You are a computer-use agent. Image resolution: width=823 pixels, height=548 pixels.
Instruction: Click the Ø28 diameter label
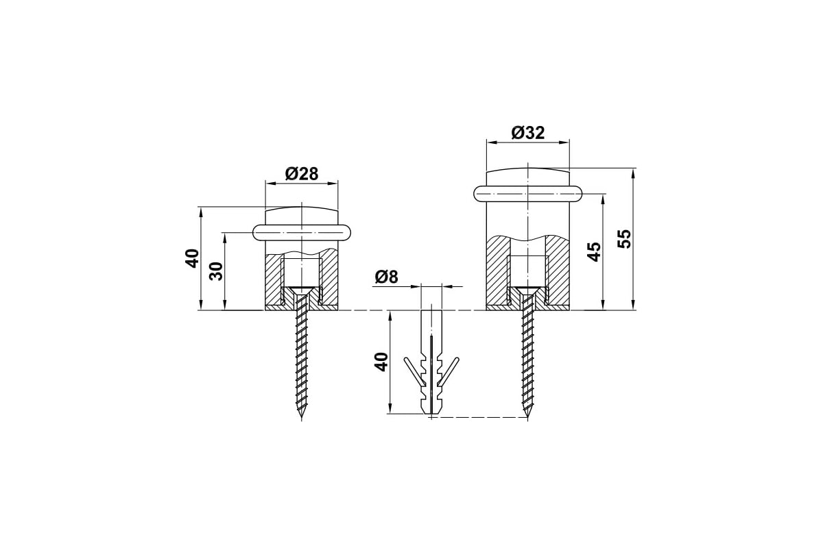click(301, 174)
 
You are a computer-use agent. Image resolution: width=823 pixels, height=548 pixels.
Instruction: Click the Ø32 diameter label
click(528, 132)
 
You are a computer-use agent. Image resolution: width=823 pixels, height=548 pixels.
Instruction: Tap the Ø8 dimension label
click(387, 277)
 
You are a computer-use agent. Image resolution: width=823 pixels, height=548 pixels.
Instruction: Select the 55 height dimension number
click(624, 239)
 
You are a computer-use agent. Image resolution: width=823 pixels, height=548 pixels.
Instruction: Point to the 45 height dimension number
click(594, 251)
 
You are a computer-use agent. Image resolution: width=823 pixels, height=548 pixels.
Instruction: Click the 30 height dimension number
click(217, 271)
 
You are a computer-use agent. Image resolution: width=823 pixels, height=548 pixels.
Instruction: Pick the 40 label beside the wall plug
click(381, 362)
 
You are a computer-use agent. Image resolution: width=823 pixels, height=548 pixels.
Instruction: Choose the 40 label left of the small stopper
click(192, 258)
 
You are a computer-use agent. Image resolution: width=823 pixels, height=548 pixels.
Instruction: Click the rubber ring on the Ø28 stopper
click(301, 232)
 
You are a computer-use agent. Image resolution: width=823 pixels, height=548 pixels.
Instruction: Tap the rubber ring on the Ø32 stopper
click(528, 193)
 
